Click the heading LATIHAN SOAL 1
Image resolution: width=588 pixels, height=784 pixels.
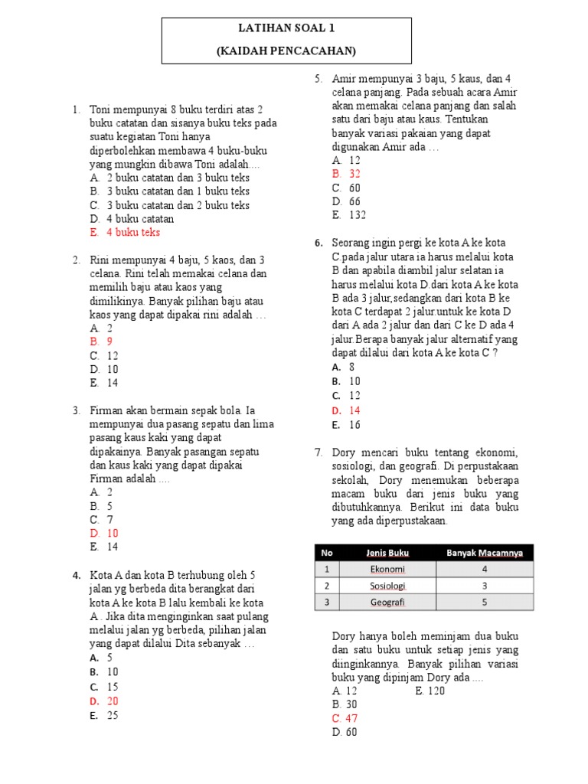(x=287, y=29)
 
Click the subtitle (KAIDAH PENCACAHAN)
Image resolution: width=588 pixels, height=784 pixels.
(x=287, y=51)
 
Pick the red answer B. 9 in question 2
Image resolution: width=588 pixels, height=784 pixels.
(x=102, y=341)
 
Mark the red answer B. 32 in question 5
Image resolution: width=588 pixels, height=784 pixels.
(x=347, y=174)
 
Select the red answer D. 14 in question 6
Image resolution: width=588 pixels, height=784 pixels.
(x=346, y=410)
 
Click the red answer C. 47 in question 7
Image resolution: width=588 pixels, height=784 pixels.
(x=345, y=718)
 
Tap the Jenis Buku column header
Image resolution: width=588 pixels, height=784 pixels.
(x=387, y=553)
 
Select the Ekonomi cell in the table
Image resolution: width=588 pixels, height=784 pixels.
(x=387, y=569)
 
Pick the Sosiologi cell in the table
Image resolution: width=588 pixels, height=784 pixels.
(x=387, y=586)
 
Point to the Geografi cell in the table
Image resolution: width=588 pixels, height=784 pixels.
(x=387, y=602)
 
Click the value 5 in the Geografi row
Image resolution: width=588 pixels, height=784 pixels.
(x=485, y=602)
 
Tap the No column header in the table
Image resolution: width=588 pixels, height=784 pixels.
(x=327, y=553)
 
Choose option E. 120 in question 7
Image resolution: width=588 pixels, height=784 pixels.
(x=430, y=691)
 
